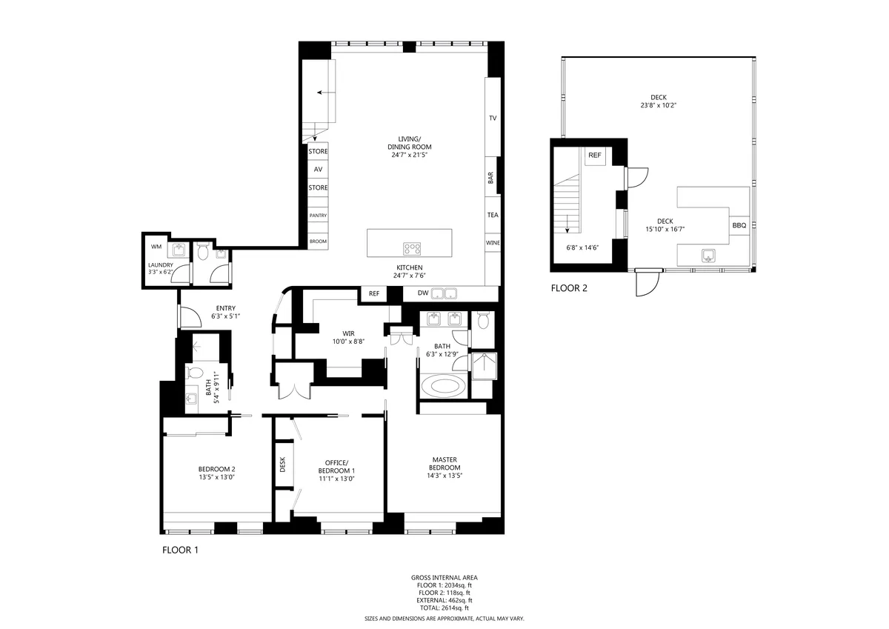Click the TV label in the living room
[492, 119]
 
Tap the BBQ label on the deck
[739, 225]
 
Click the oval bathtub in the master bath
[443, 387]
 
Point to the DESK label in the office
[282, 464]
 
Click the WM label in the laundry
[156, 246]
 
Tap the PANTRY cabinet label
[318, 216]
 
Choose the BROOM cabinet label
[318, 242]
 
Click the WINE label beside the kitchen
[492, 243]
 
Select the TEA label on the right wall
[492, 215]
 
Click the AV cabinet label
[318, 170]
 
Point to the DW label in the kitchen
[423, 293]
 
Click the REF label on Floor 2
[594, 156]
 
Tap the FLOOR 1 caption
[180, 550]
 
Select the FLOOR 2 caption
[569, 288]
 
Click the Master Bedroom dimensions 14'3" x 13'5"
[444, 476]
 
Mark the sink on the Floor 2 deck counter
[708, 256]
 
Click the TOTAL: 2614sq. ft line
[444, 608]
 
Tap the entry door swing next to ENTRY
[190, 317]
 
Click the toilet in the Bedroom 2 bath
[196, 372]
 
